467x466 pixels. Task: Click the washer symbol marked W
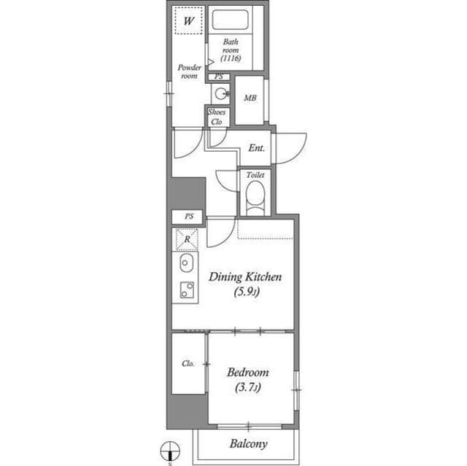click(x=188, y=21)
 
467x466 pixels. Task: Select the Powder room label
click(x=189, y=71)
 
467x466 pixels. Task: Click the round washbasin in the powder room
click(x=220, y=93)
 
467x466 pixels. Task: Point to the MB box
click(x=250, y=98)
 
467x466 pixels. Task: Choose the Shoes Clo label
click(x=216, y=117)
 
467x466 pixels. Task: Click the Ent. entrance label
click(x=256, y=148)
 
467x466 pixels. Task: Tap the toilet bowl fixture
click(x=254, y=198)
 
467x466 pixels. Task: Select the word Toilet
click(x=255, y=176)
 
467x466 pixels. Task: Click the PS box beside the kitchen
click(x=189, y=217)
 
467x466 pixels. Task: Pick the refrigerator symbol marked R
click(x=188, y=238)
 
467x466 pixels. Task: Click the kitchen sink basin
click(x=185, y=263)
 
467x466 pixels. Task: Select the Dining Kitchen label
click(x=245, y=277)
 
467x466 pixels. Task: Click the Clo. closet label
click(x=188, y=363)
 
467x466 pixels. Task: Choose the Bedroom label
click(x=248, y=371)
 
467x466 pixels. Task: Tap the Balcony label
click(x=248, y=443)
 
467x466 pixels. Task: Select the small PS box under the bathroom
click(x=218, y=77)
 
